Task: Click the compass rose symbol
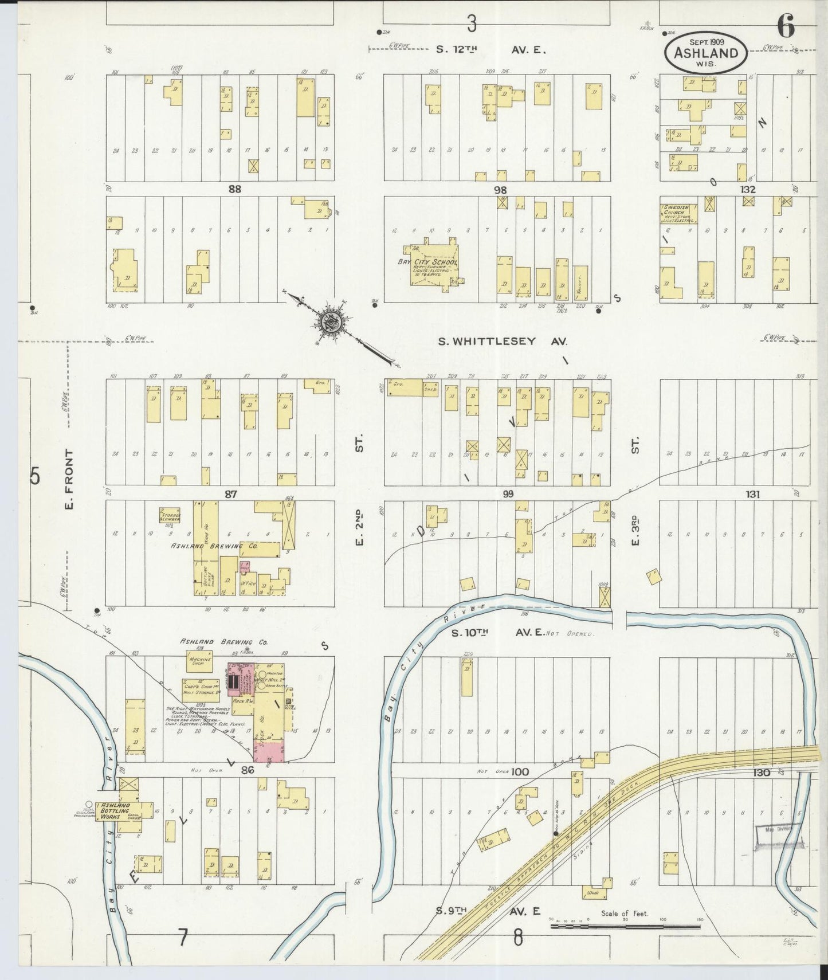(x=331, y=322)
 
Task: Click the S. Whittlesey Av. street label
(x=502, y=342)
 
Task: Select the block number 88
(x=234, y=189)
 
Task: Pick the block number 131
(x=752, y=494)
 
